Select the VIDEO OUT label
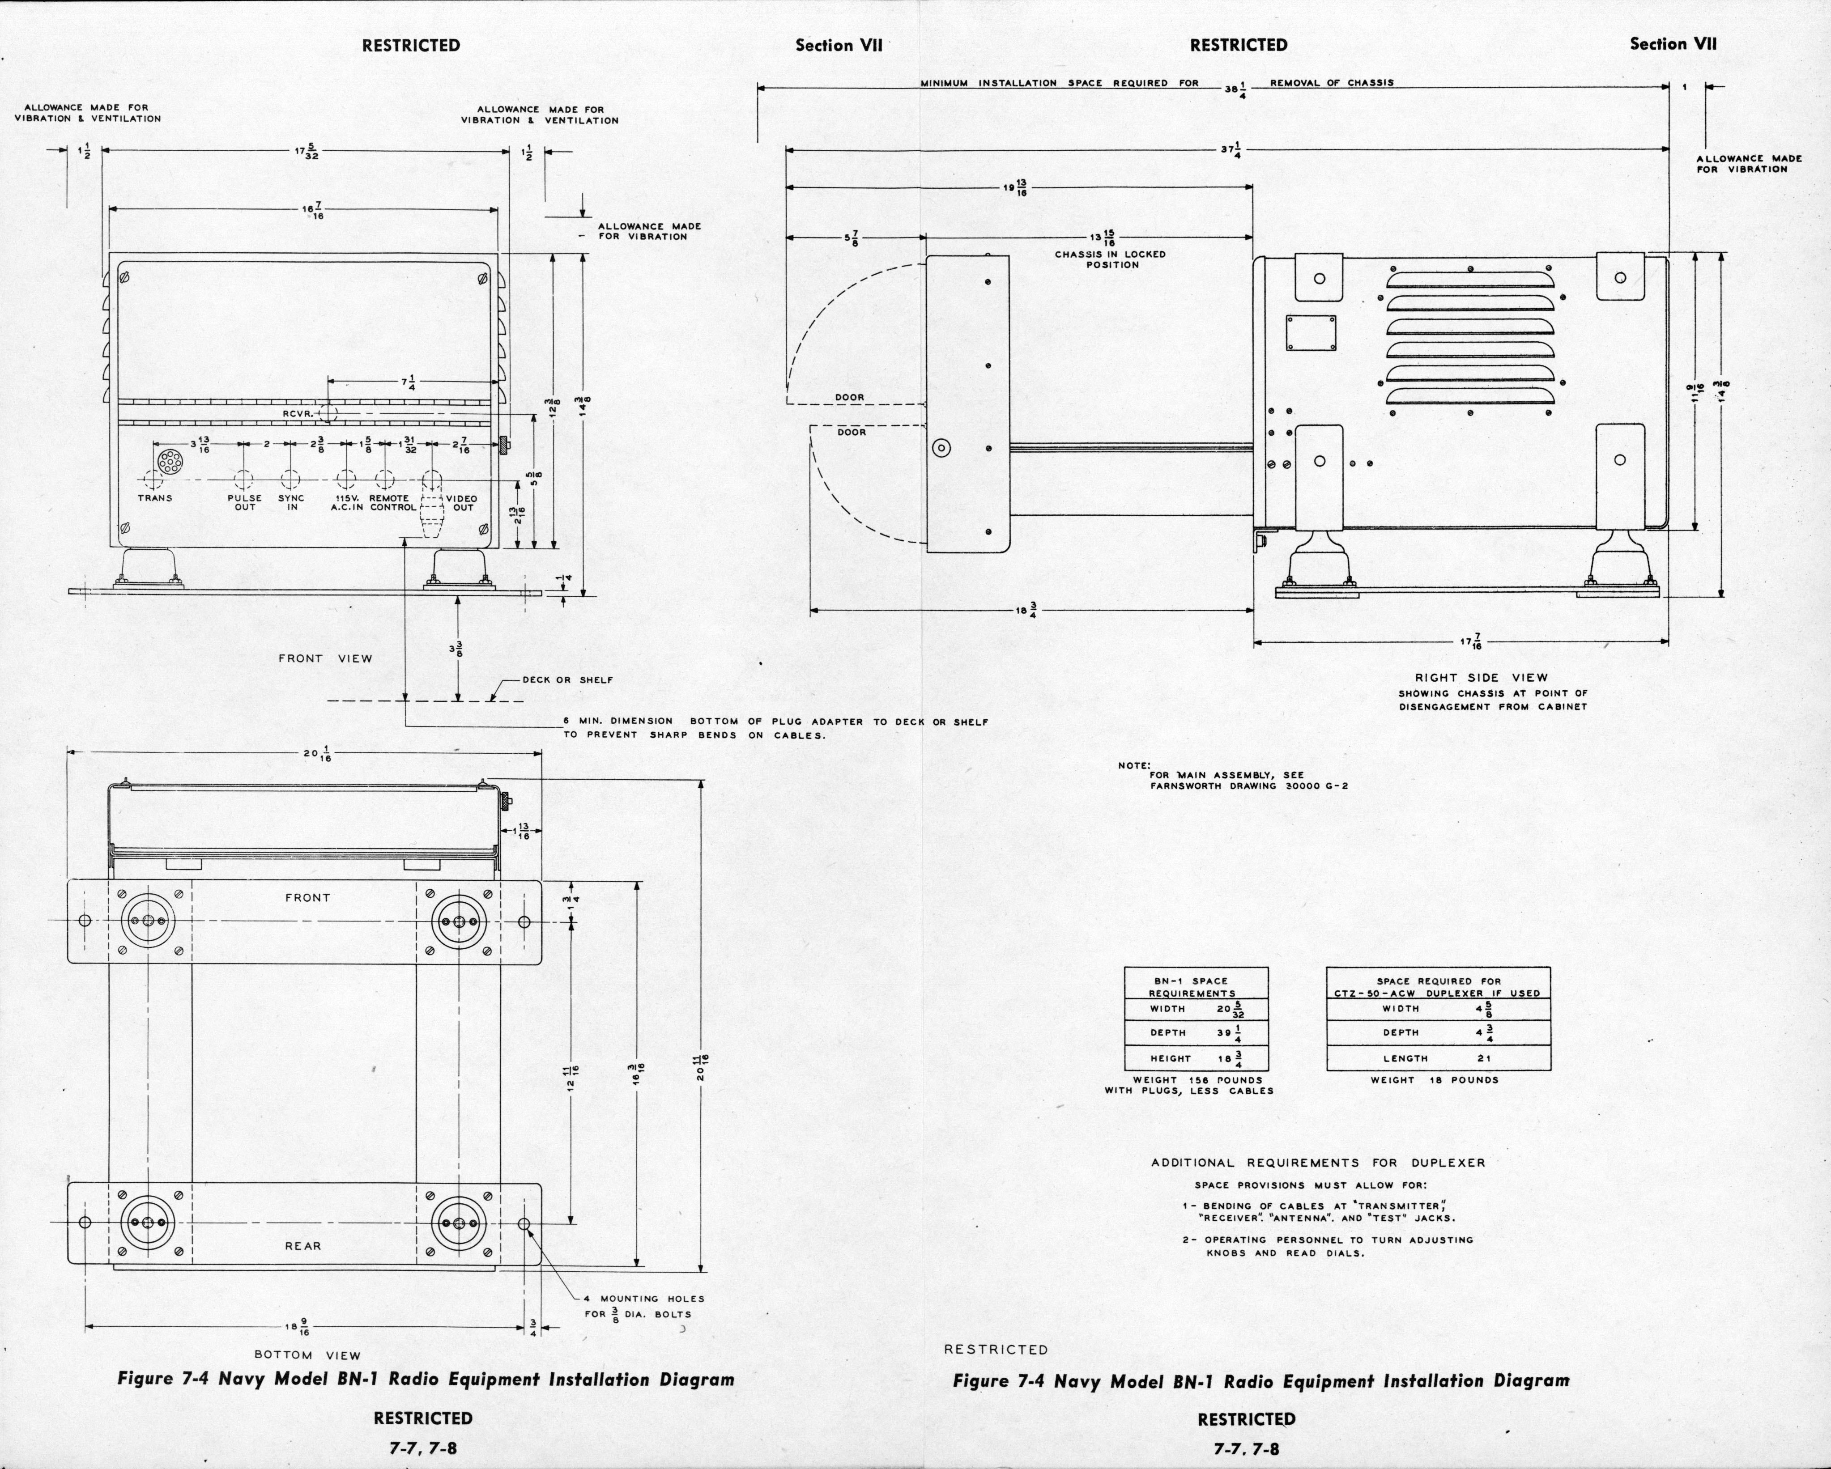462,503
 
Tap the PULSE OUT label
245,503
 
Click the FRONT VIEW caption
325,658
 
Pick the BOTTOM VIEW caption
307,1355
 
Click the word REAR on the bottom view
303,1246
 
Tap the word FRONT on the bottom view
307,897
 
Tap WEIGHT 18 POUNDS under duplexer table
1435,1080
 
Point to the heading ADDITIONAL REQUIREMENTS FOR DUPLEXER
1318,1163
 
